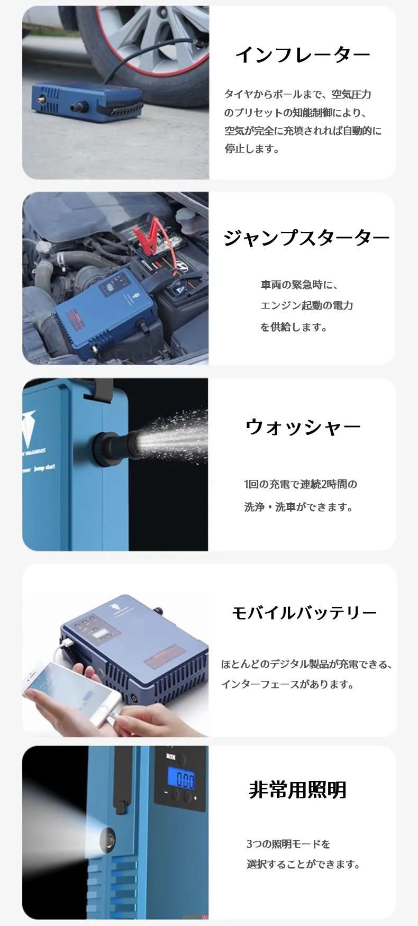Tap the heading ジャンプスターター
tap(306, 238)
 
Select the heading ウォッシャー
tap(303, 427)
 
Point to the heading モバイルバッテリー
tap(304, 613)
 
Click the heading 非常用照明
tap(297, 789)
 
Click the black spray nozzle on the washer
tap(113, 441)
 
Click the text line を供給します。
tap(294, 327)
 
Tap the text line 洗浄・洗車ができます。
tap(298, 507)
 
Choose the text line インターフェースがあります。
tap(287, 684)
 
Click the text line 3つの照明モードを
tap(288, 843)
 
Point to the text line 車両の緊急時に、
tap(299, 285)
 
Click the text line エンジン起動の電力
tap(306, 305)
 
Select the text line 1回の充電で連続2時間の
tap(301, 484)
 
